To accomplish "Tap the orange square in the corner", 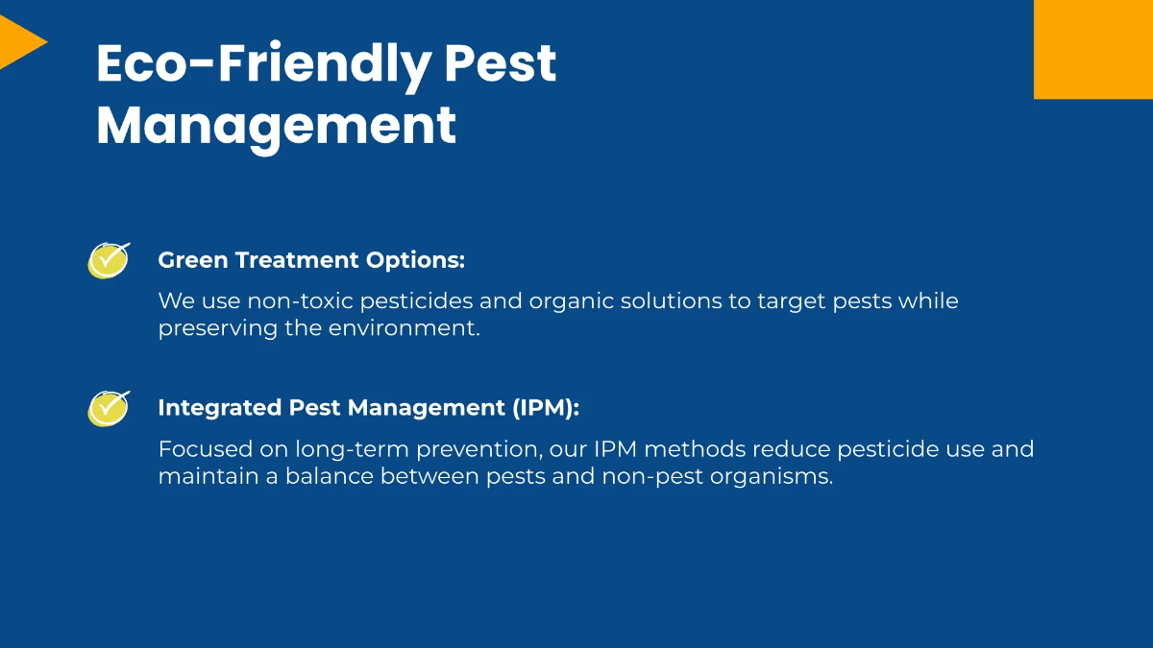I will pyautogui.click(x=1093, y=48).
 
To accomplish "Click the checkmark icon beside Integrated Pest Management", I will pyautogui.click(x=109, y=408).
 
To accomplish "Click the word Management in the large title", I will pyautogui.click(x=276, y=126).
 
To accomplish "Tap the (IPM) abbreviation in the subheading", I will pyautogui.click(x=547, y=408).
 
